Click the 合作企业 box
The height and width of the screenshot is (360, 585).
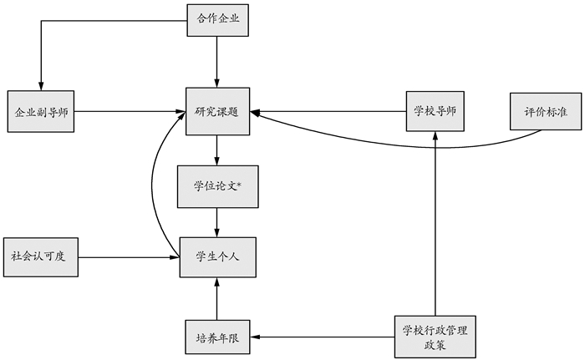[217, 21]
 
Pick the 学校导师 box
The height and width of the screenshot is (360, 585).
[435, 110]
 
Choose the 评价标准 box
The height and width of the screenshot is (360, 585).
[542, 110]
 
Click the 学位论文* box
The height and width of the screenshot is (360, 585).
[217, 185]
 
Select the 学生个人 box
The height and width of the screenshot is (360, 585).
[217, 257]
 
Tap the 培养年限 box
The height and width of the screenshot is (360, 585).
[217, 337]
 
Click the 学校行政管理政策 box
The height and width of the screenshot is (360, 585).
[435, 337]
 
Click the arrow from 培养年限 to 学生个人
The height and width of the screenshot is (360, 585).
[217, 299]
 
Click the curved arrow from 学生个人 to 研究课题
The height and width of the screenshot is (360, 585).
[153, 184]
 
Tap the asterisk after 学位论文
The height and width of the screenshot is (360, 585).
[238, 183]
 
